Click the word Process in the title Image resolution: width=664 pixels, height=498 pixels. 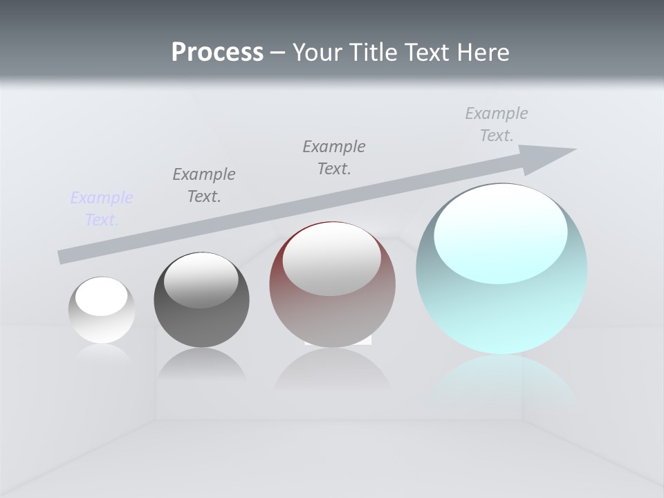217,53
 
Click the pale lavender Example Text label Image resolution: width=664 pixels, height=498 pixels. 102,209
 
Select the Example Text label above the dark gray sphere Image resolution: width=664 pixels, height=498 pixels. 204,185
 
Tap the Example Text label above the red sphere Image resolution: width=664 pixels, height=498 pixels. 334,158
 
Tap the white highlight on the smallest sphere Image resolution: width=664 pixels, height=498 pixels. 102,298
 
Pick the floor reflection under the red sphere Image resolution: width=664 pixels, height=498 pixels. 332,370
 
